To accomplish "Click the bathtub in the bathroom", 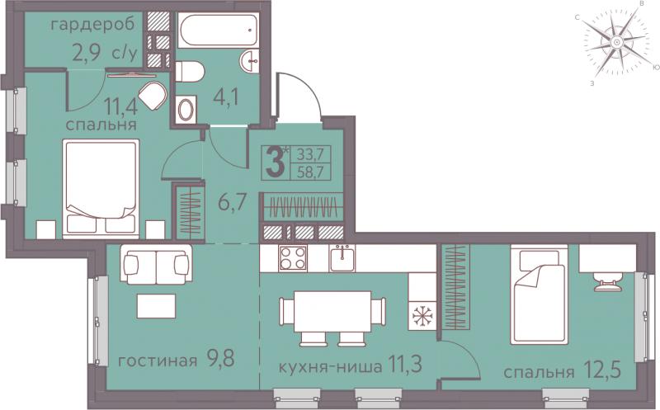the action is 218,30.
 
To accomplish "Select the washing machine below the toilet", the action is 186,109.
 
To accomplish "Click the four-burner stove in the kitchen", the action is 293,257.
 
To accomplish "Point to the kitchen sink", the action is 342,257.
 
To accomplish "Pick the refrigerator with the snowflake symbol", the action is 422,315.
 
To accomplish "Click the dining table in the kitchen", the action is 332,312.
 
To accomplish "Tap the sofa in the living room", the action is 156,263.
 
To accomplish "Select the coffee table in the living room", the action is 156,306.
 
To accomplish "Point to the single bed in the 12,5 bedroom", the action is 539,295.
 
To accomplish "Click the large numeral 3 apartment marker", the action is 276,162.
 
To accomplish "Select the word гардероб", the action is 92,26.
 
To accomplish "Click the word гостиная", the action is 158,361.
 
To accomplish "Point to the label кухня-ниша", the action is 331,366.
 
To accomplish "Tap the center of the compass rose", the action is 616,42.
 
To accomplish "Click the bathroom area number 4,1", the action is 226,97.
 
